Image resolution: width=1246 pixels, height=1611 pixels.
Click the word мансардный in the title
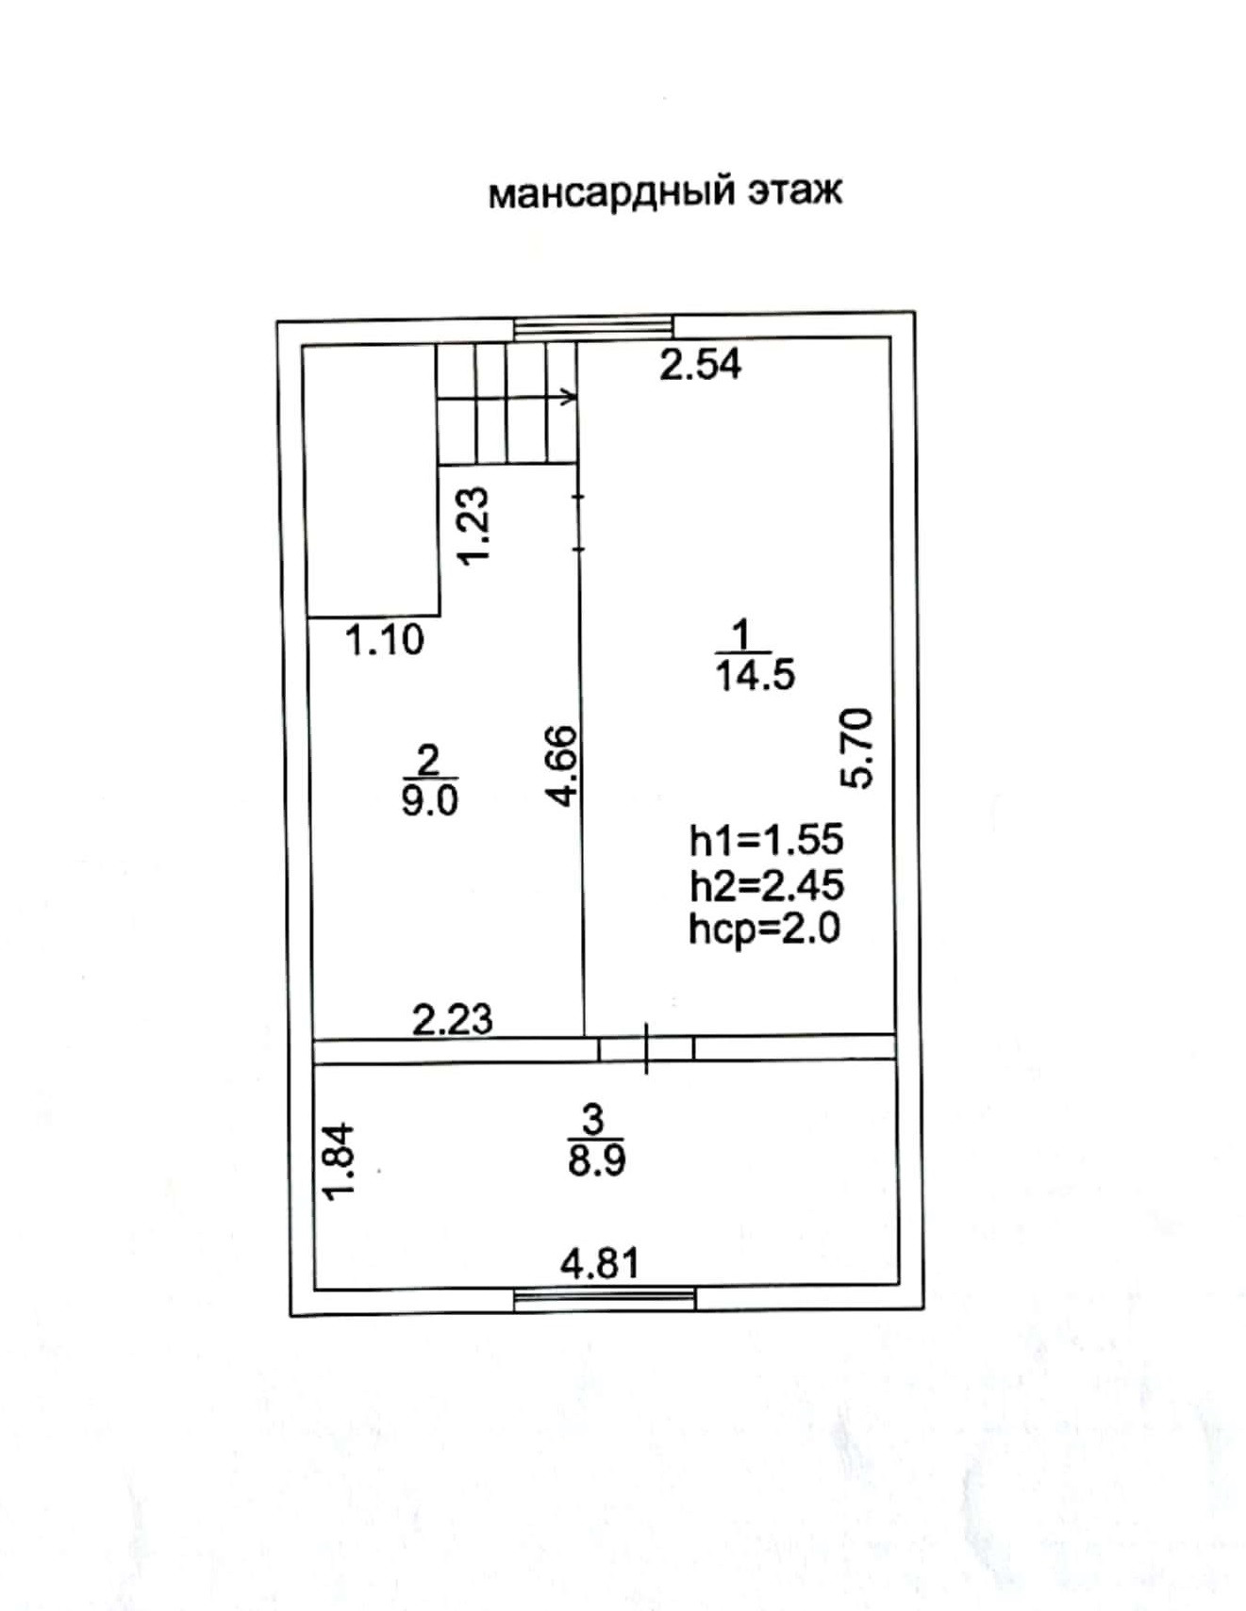pos(611,192)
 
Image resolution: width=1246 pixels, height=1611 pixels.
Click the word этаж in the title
pos(794,191)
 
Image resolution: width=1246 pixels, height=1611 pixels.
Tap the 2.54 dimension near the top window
pos(700,364)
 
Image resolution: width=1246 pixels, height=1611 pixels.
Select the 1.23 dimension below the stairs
pos(473,525)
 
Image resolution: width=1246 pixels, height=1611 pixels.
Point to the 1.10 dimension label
pos(385,641)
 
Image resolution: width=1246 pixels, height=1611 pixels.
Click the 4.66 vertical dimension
pos(562,765)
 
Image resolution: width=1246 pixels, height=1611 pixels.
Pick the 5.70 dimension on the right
pos(859,748)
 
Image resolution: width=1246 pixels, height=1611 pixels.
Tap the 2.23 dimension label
pos(453,1019)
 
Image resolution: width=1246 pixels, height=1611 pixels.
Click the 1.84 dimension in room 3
pos(338,1160)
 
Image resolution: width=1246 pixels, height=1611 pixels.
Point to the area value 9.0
pos(429,801)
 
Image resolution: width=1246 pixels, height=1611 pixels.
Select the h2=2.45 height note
pos(767,885)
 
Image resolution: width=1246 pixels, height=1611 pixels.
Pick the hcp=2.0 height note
pos(764,929)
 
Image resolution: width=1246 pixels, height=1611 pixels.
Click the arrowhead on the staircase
pos(570,397)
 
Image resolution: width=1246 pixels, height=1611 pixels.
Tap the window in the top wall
pos(593,327)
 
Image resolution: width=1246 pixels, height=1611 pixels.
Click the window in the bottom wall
pos(605,1300)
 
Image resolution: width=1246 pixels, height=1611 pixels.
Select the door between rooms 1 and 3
pos(647,1048)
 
